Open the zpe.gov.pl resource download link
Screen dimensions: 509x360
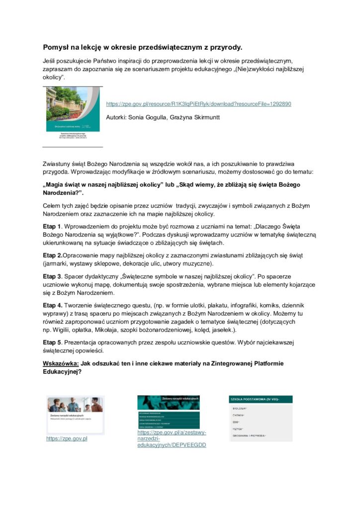[x=198, y=104]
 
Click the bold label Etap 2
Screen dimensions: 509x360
[x=52, y=255]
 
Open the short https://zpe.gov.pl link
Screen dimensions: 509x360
[x=67, y=438]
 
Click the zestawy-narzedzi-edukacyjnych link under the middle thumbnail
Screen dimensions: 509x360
[x=172, y=438]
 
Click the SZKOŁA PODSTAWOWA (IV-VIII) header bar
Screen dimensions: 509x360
[x=261, y=399]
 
